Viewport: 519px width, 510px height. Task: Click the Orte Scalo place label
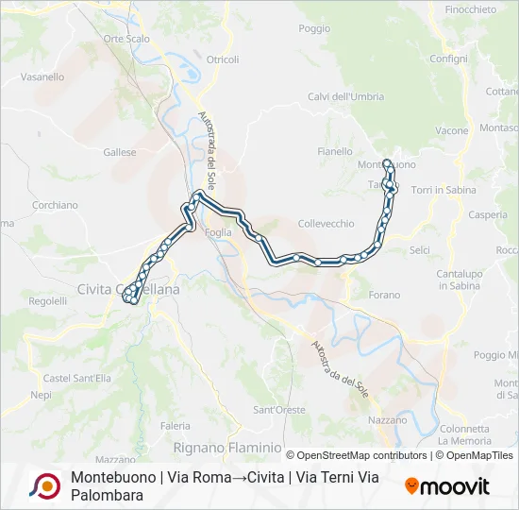click(x=126, y=39)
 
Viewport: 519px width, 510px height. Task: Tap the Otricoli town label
click(x=223, y=59)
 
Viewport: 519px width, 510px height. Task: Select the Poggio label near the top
click(x=314, y=29)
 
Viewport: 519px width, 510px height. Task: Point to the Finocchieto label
click(x=470, y=9)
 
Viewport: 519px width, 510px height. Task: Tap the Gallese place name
click(x=120, y=152)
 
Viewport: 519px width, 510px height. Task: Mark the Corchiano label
click(x=55, y=205)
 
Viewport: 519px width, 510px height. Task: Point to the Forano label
click(x=384, y=295)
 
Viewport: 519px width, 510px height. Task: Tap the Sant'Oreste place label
click(x=278, y=410)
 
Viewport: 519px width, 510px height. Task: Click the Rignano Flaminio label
click(x=227, y=447)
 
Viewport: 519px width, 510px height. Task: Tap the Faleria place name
click(x=175, y=426)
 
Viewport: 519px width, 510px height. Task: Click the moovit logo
click(x=447, y=486)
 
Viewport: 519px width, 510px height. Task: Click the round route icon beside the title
click(x=44, y=485)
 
